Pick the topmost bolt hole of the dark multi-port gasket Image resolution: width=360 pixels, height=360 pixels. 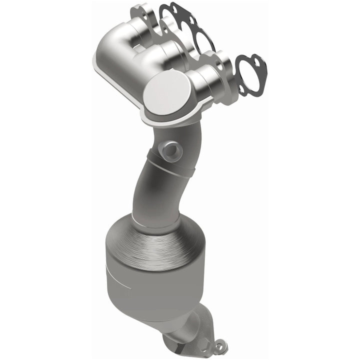(x=174, y=7)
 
